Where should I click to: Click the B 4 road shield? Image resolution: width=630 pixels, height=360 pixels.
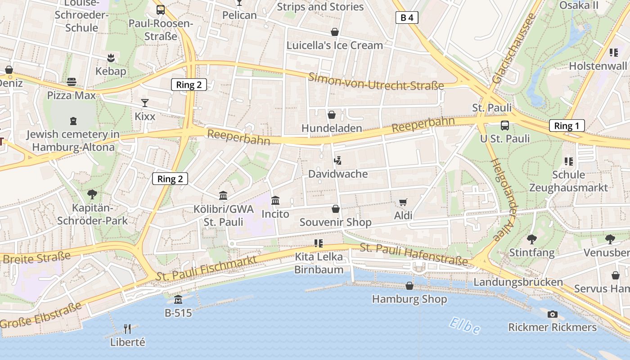pyautogui.click(x=407, y=18)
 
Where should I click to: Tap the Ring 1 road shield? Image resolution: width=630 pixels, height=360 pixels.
pyautogui.click(x=567, y=126)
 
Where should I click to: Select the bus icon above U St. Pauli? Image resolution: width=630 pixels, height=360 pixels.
pyautogui.click(x=505, y=126)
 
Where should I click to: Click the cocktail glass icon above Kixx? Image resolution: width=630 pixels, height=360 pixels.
pyautogui.click(x=144, y=103)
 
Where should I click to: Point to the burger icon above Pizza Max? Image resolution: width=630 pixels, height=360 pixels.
pyautogui.click(x=72, y=82)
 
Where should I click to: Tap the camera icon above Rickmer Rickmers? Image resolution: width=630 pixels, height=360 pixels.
pyautogui.click(x=553, y=314)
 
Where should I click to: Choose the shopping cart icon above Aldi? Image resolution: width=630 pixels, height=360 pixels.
pyautogui.click(x=403, y=202)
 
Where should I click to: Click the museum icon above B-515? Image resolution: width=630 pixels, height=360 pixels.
pyautogui.click(x=178, y=299)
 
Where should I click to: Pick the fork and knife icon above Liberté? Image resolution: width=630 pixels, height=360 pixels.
pyautogui.click(x=127, y=329)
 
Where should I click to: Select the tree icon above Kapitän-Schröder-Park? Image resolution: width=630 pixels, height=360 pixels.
pyautogui.click(x=92, y=194)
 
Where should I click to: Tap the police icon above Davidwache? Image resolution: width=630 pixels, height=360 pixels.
pyautogui.click(x=337, y=160)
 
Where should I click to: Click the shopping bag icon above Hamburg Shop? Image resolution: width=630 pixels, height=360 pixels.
pyautogui.click(x=409, y=286)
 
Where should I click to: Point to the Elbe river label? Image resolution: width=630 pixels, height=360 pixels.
pyautogui.click(x=464, y=325)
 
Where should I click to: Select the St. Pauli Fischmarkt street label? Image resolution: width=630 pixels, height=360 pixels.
pyautogui.click(x=207, y=269)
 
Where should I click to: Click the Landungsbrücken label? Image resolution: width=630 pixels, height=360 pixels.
pyautogui.click(x=518, y=282)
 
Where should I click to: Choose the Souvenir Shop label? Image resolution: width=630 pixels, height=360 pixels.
pyautogui.click(x=336, y=222)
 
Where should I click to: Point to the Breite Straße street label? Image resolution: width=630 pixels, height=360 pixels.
pyautogui.click(x=37, y=257)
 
